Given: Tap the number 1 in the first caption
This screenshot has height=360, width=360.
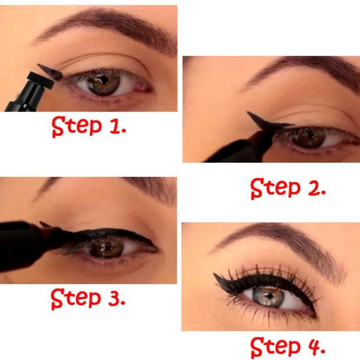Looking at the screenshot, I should click(116, 127).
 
